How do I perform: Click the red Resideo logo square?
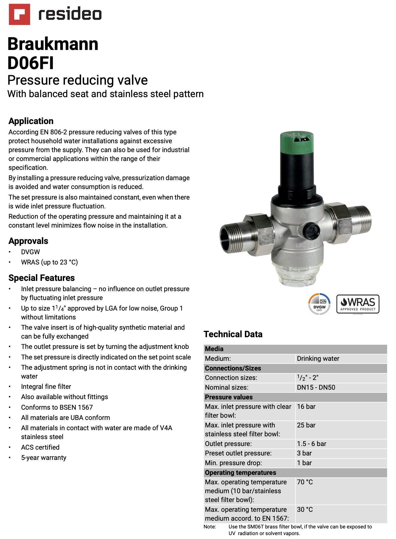19,14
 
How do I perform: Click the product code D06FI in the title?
31,63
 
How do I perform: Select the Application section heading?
31,121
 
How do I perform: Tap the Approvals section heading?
28,241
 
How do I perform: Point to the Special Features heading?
42,278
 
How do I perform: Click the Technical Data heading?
233,334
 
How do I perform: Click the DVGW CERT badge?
319,304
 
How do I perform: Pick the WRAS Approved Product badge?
358,304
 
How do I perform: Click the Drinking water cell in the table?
318,359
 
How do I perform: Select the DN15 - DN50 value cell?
316,387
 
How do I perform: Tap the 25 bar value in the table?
306,425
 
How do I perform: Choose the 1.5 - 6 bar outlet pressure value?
312,444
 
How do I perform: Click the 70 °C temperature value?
305,482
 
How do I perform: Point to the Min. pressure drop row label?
234,463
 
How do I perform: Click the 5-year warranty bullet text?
44,458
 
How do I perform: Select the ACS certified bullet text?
40,447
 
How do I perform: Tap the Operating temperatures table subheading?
240,473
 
